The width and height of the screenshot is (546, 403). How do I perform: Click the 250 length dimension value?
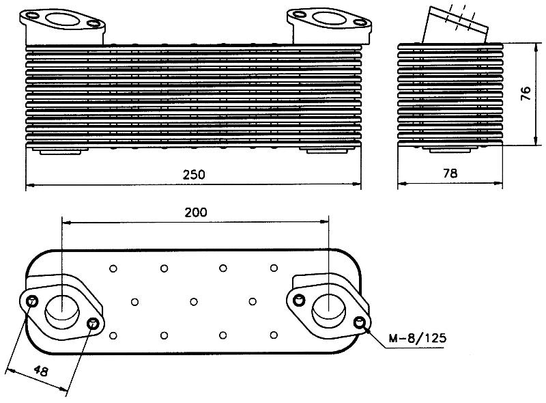coord(194,174)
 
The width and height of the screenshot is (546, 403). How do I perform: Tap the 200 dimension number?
coord(196,212)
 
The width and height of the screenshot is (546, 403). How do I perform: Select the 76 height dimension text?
coord(526,93)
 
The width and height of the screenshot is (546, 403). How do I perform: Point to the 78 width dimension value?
coord(450,173)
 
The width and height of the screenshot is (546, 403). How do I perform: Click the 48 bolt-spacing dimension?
coord(41,370)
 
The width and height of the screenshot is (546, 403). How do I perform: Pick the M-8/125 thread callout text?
coord(417,338)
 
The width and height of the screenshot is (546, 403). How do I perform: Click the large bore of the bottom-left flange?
coord(62,312)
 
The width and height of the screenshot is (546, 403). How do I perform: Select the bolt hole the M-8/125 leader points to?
coord(359,322)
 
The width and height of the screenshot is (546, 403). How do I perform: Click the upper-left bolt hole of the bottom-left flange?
coord(32,301)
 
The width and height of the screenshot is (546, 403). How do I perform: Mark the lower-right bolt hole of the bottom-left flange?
coord(93,324)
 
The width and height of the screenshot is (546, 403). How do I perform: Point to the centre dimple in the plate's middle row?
coord(194,301)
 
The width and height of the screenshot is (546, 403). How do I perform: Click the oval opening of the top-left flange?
coord(62,20)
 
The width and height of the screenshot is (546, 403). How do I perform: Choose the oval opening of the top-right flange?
coord(329,18)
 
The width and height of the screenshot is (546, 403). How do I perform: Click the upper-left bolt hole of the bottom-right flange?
coord(299,299)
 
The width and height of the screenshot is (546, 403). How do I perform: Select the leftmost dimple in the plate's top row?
coord(113,268)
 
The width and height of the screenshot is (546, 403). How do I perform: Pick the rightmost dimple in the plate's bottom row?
coord(274,335)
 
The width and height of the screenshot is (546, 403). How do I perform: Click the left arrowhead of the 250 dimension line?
coord(30,185)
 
